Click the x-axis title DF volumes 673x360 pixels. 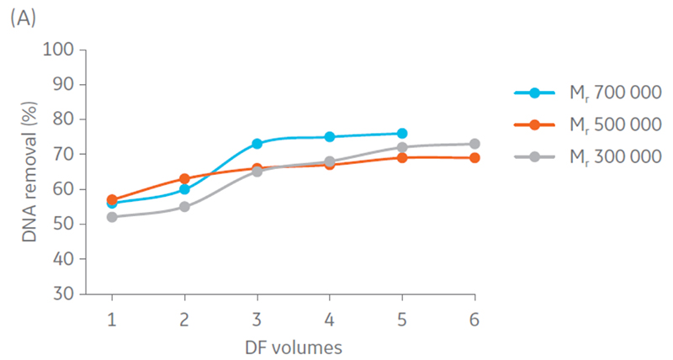[x=293, y=346]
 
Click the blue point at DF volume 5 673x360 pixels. [x=402, y=134]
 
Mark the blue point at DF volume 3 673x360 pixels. [x=257, y=144]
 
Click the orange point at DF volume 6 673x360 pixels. [x=474, y=158]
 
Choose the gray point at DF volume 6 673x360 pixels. [x=474, y=144]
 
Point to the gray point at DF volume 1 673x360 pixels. [x=111, y=217]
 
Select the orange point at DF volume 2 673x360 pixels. [x=184, y=179]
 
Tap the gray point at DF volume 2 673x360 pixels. [x=184, y=207]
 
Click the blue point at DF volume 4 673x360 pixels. [x=330, y=137]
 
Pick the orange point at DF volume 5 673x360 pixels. [x=402, y=158]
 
